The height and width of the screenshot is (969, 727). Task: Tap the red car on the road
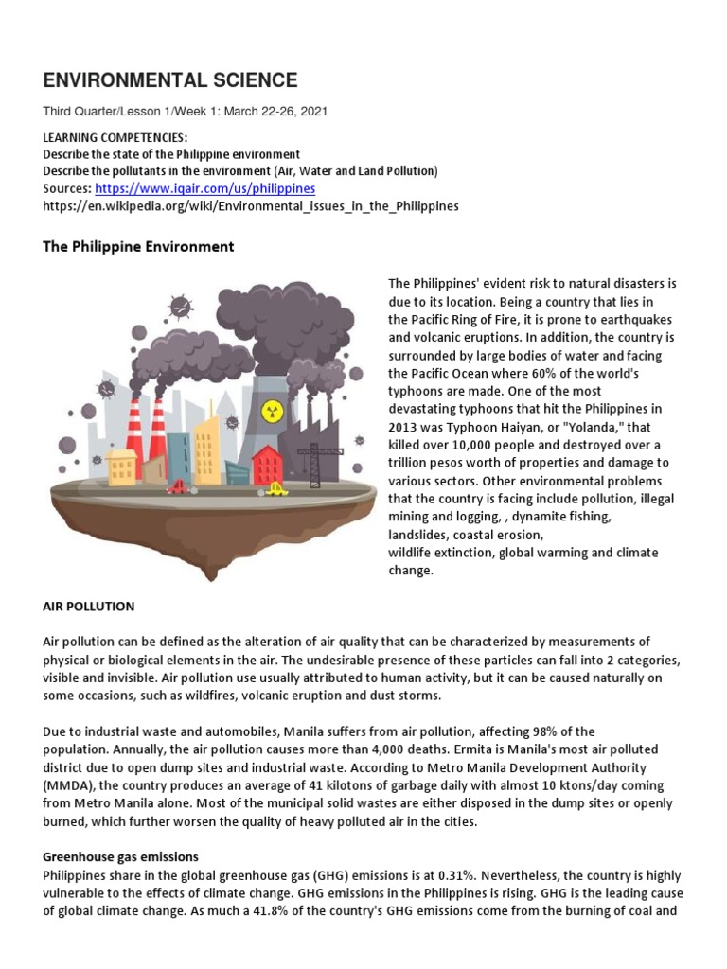click(179, 486)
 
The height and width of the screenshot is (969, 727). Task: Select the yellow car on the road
click(276, 489)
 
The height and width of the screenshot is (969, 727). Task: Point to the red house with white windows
click(268, 465)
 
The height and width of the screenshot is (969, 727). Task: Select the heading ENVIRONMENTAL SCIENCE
click(170, 80)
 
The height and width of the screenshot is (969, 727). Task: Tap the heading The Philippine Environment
click(138, 246)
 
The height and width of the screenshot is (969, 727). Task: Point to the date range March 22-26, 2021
click(275, 111)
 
